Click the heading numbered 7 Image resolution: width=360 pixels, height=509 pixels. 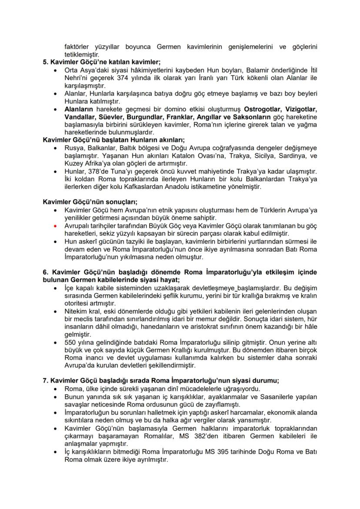coord(161,380)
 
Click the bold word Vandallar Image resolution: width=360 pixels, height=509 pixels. coord(79,116)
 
